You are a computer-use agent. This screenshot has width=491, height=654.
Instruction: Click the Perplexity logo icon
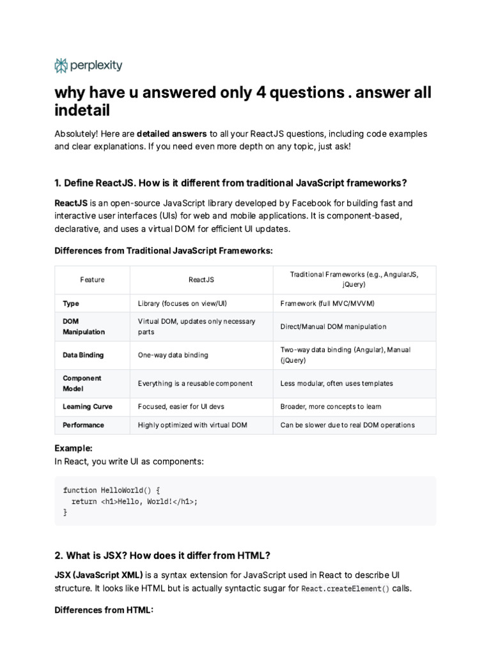61,65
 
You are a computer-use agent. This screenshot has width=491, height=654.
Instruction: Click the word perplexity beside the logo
96,65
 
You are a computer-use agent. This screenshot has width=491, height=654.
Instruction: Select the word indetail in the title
82,110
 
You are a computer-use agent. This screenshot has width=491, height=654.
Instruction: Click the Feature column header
92,280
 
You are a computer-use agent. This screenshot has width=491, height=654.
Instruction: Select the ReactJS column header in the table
201,280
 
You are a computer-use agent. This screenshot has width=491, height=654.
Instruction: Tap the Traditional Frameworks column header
354,280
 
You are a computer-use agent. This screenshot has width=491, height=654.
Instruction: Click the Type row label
71,303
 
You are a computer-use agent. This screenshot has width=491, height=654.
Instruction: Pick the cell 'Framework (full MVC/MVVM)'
327,303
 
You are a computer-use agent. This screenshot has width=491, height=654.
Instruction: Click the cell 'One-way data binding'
173,355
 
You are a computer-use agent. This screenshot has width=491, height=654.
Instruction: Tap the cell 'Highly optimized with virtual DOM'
192,425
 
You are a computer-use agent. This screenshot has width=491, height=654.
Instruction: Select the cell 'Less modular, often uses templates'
337,383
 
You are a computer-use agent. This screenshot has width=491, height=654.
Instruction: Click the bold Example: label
74,448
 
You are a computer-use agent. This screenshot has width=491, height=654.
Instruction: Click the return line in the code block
134,501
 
